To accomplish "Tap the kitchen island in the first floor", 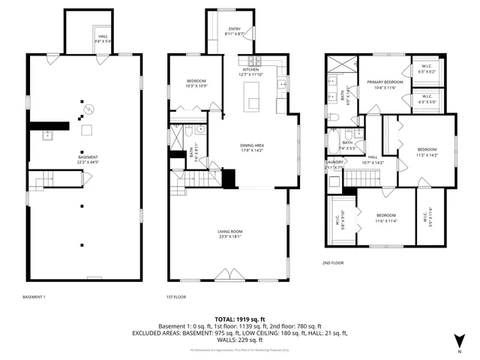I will click(x=252, y=93).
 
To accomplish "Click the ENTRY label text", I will click(x=235, y=31).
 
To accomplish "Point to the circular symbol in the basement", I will click(x=88, y=109).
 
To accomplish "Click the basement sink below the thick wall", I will click(x=46, y=136).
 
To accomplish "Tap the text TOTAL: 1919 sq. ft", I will click(x=240, y=319).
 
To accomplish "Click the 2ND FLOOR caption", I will click(x=333, y=263).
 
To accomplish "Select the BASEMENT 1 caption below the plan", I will click(x=34, y=297).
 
